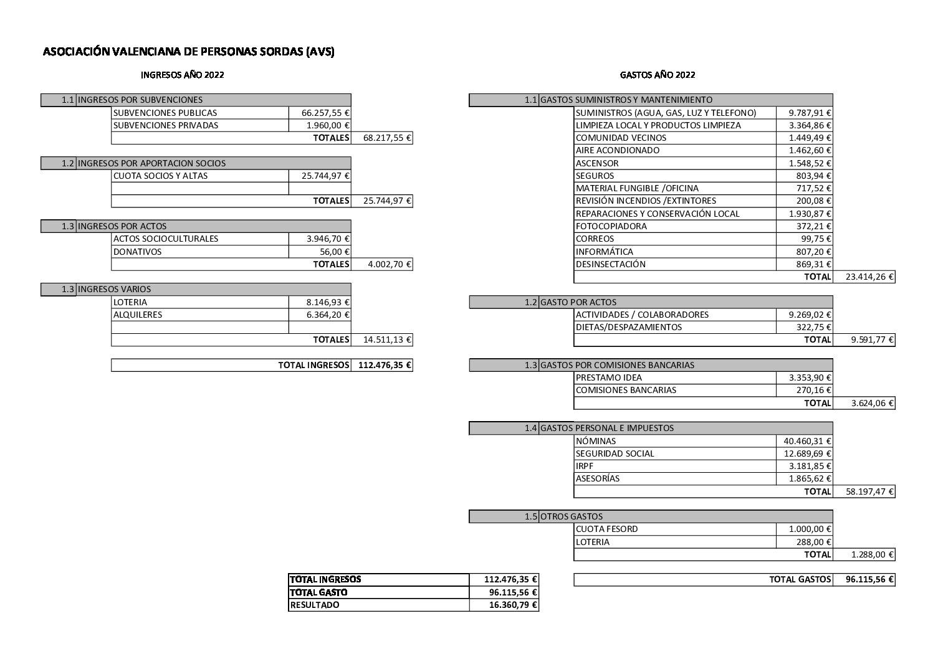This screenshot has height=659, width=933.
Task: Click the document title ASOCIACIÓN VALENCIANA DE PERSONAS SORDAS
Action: [188, 52]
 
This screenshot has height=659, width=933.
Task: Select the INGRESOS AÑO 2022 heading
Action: [183, 75]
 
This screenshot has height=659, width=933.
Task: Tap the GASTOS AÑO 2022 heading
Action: [658, 75]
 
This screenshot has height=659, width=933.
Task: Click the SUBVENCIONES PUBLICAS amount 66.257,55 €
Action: [325, 113]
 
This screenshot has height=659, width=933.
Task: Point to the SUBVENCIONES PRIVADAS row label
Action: [166, 125]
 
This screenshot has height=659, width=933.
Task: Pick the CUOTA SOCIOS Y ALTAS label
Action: [160, 176]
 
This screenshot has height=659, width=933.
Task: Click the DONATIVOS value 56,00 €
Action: [335, 252]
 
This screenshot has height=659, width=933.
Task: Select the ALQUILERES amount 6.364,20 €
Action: [328, 315]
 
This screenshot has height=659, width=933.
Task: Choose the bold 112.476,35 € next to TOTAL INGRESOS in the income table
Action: [383, 365]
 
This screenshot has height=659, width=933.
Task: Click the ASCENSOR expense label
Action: [597, 163]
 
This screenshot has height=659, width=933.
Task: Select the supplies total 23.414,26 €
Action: [870, 277]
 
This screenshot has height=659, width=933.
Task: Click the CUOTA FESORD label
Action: [606, 529]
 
